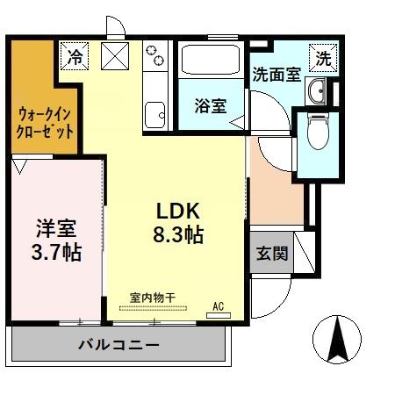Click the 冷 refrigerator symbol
75,57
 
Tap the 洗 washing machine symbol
324,59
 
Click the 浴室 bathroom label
211,105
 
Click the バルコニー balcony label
118,345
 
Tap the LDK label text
179,212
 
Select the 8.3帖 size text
179,235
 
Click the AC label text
219,305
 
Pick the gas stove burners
156,55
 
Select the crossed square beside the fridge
116,57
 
